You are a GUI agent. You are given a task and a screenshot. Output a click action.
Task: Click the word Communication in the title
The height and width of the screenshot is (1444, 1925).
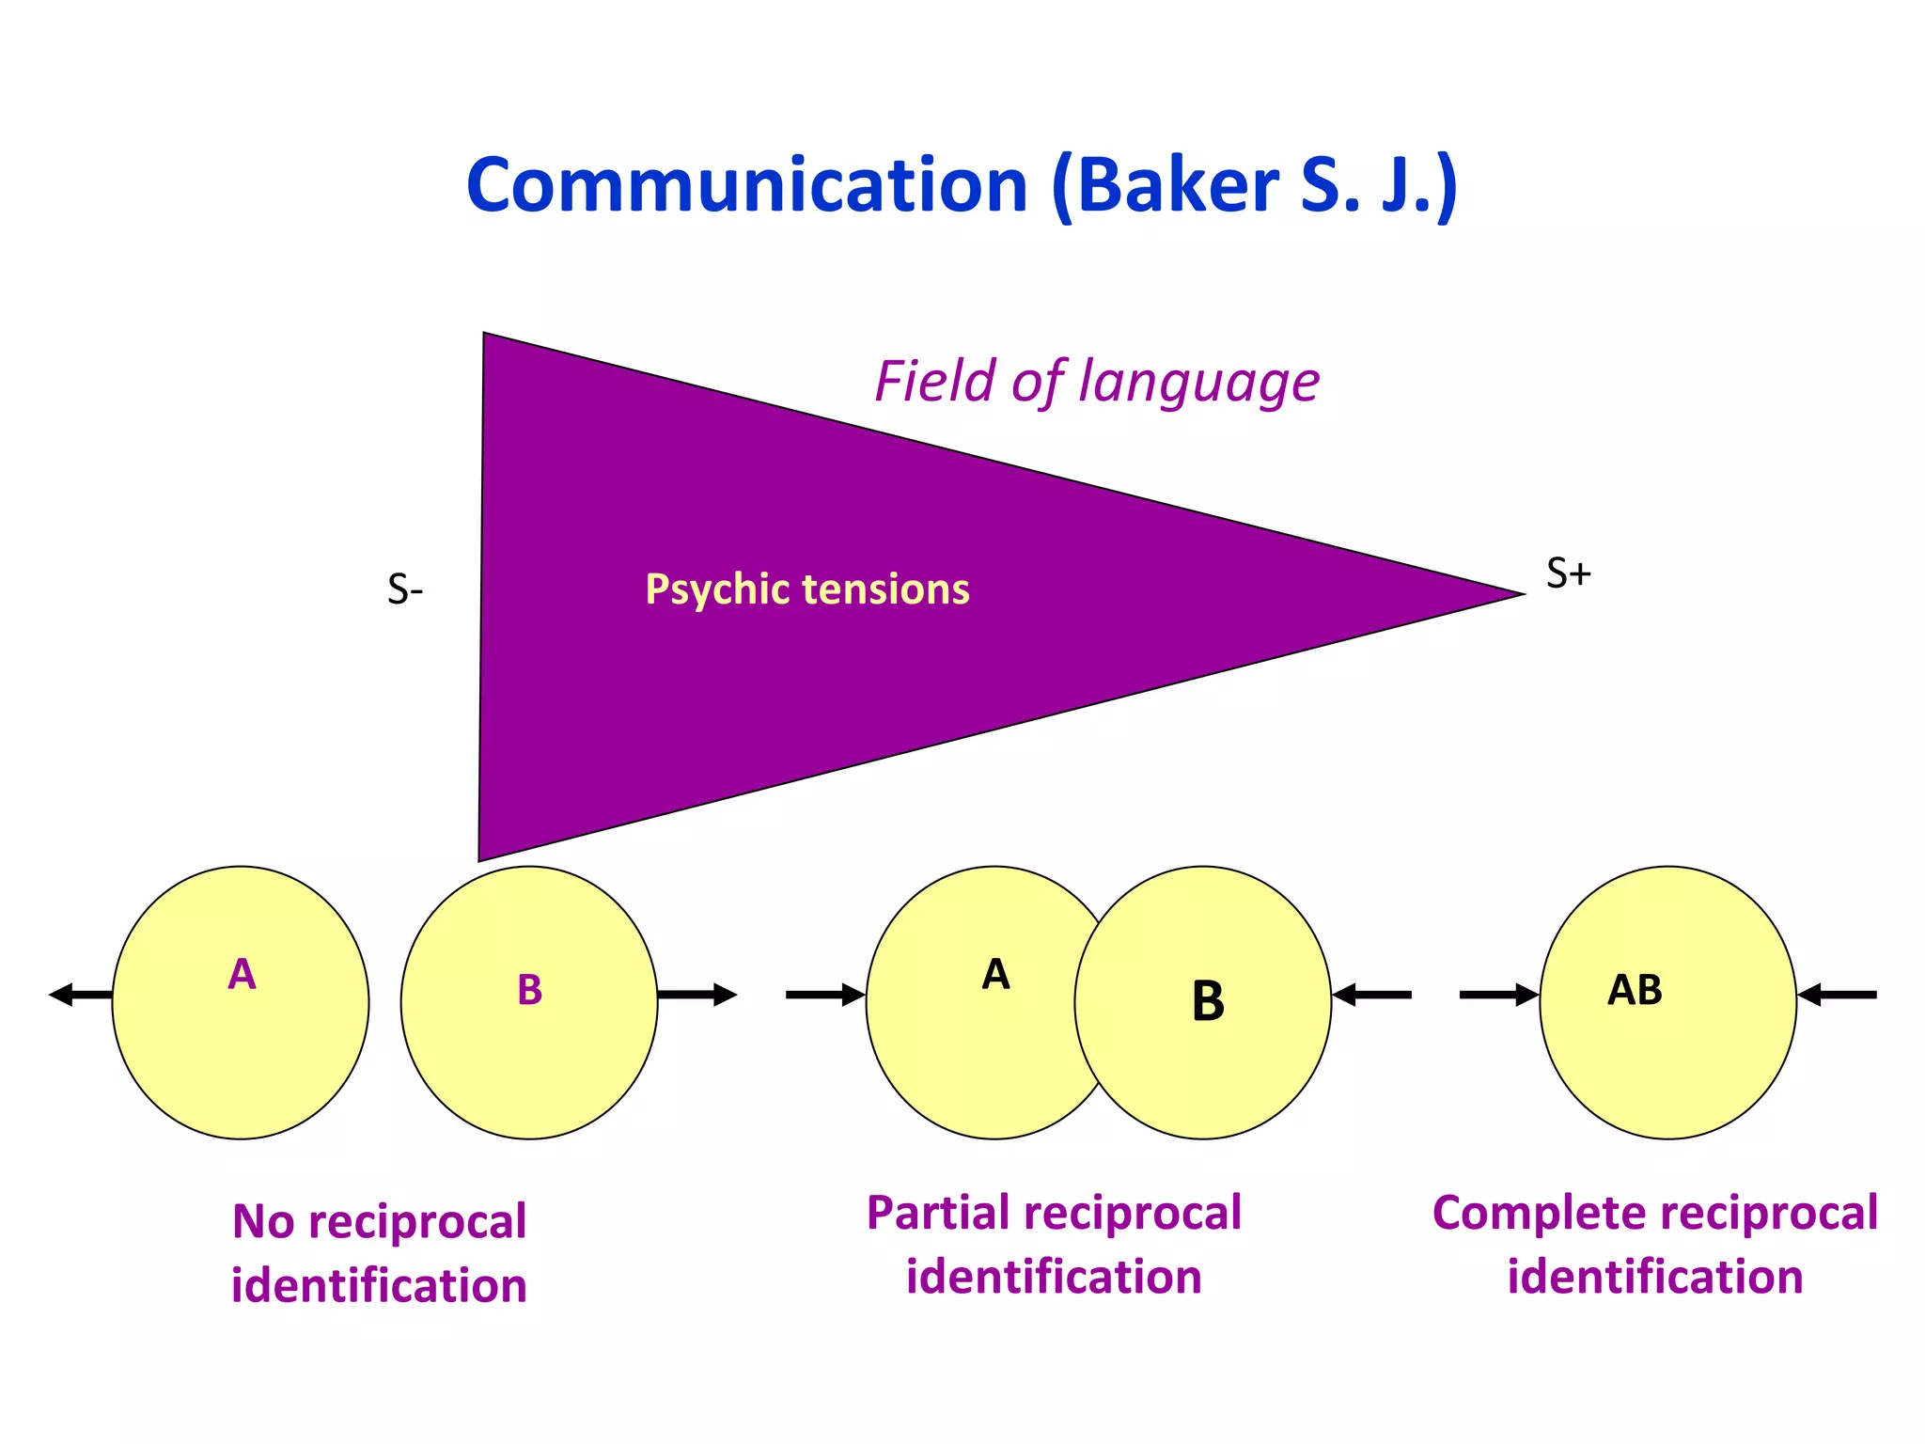[x=746, y=185]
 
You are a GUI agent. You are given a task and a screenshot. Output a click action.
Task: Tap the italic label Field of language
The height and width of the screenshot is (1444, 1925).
[x=1096, y=382]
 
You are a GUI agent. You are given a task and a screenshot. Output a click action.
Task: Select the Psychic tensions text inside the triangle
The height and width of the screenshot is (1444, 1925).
[x=806, y=589]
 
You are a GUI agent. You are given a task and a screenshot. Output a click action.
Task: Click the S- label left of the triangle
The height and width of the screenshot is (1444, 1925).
[x=405, y=590]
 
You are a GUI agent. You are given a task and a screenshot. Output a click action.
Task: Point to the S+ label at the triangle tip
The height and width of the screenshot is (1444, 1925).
[x=1568, y=573]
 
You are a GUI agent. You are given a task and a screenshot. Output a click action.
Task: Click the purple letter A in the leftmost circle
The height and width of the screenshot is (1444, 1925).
[x=242, y=975]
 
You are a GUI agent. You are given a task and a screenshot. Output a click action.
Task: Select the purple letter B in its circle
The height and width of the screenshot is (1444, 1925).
[x=529, y=990]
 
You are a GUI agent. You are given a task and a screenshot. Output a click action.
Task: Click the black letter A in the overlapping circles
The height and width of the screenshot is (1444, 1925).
[x=995, y=975]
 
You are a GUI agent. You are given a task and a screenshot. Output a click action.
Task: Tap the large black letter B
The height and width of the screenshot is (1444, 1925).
[x=1208, y=1001]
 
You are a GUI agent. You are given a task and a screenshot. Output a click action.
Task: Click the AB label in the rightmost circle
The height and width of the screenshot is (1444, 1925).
[x=1635, y=990]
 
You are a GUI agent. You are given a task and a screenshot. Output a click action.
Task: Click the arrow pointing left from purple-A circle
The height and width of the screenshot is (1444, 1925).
[x=81, y=995]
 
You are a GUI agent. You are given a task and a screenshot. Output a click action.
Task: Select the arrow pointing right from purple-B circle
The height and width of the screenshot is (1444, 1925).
[x=696, y=995]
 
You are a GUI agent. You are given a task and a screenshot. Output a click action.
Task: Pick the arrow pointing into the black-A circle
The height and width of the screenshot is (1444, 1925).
[x=824, y=995]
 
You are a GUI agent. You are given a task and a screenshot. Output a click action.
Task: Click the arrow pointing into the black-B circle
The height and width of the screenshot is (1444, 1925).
[x=1372, y=995]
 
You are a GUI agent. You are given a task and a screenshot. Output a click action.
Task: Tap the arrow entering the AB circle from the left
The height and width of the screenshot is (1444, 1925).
[x=1498, y=995]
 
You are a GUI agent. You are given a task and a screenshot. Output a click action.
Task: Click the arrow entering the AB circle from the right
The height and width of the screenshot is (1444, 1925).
[x=1838, y=995]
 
